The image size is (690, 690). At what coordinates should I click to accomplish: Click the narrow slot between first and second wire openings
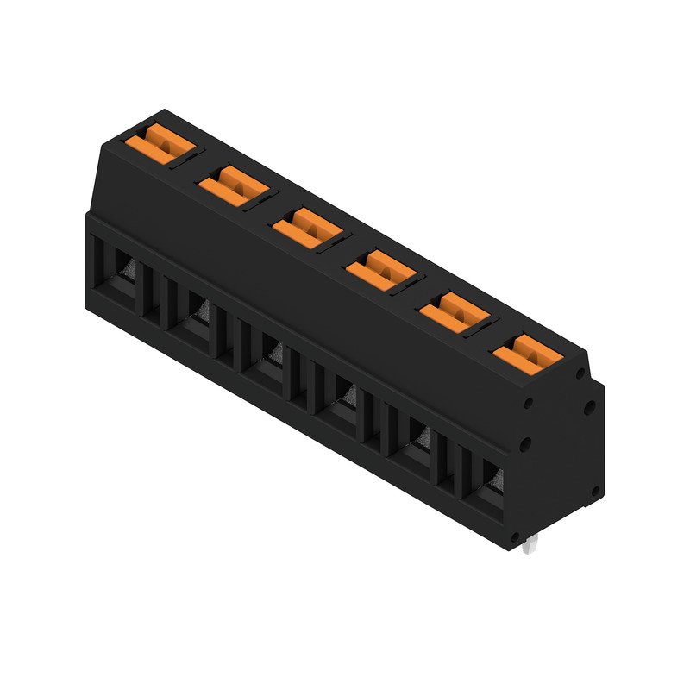pos(160,293)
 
